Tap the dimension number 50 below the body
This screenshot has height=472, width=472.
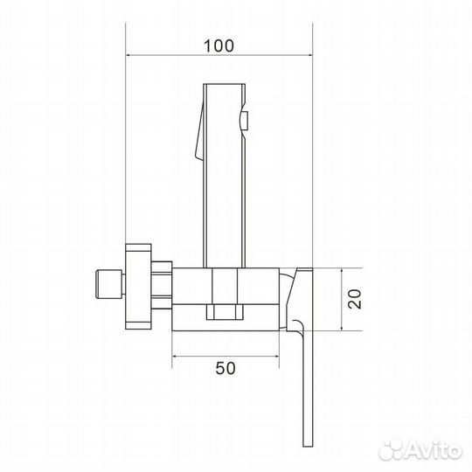pyautogui.click(x=225, y=368)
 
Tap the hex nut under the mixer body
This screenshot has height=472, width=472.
pyautogui.click(x=224, y=311)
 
